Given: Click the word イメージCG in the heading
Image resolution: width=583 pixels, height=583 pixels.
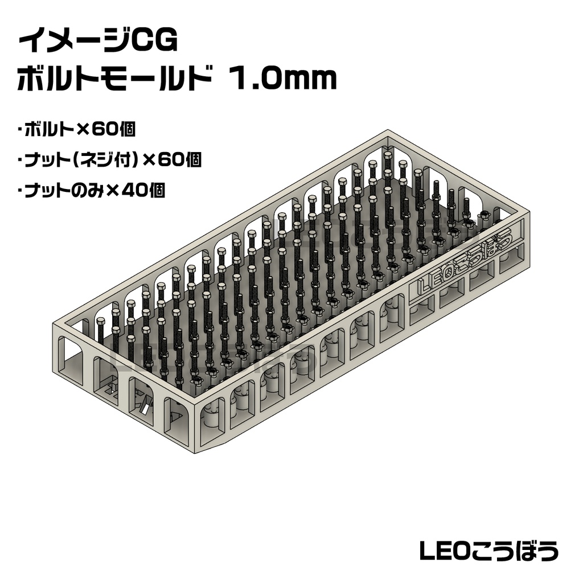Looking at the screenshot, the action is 98,42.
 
